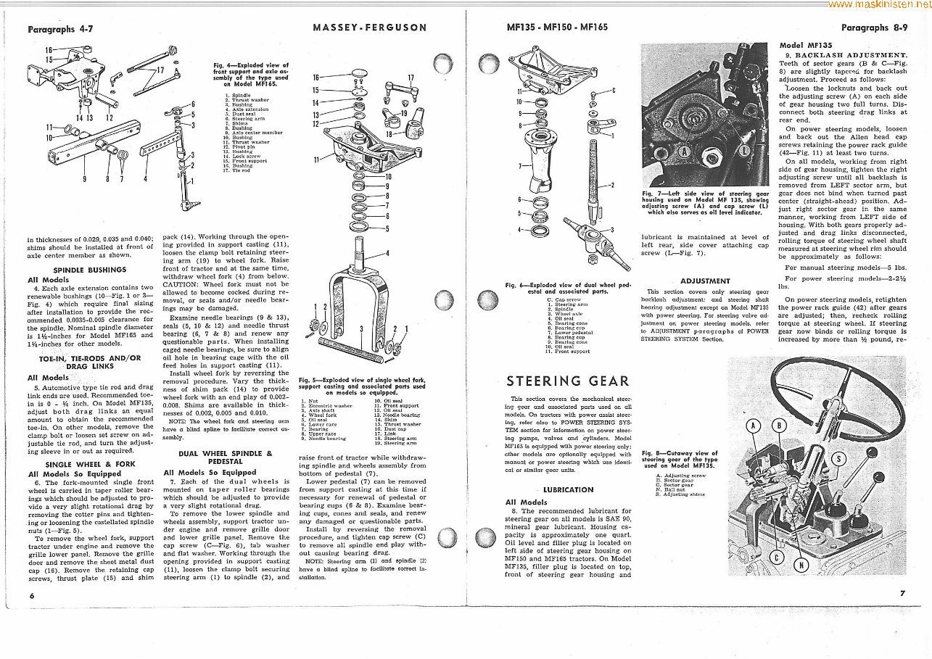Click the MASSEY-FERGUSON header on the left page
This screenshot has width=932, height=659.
(369, 28)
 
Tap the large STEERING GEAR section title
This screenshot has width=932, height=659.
(568, 381)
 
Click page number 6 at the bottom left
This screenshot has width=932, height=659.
(32, 595)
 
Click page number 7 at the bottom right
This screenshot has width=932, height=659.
(902, 593)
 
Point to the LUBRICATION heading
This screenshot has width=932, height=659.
(568, 490)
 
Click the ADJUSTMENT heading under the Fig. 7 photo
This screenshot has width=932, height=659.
(705, 281)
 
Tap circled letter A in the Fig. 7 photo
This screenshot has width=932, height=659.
(684, 151)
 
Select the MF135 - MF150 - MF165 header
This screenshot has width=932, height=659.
(557, 28)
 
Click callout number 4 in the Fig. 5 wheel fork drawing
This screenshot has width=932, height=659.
(387, 253)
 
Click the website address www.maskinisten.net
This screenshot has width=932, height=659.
(878, 4)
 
